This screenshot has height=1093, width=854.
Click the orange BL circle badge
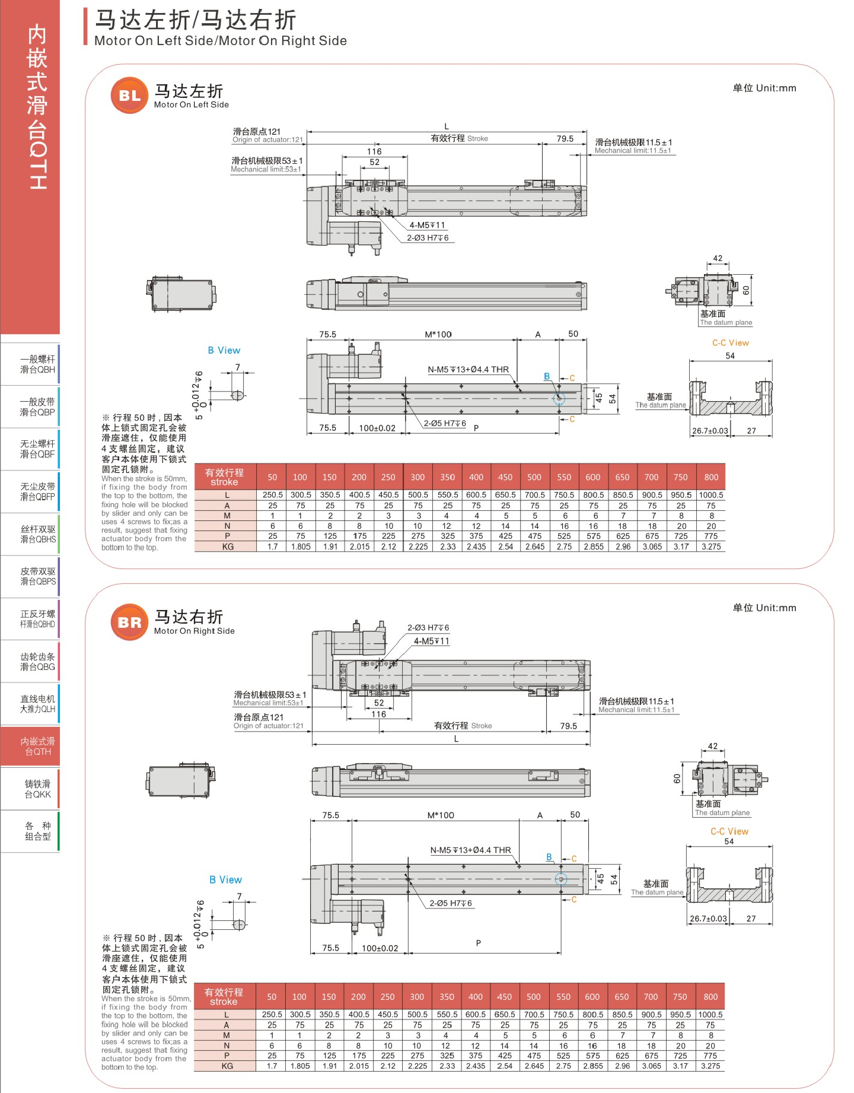[x=129, y=95]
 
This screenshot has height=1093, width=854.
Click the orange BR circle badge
[x=129, y=622]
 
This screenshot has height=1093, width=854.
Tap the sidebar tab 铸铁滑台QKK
[x=38, y=789]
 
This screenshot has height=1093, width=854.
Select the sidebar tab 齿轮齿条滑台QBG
[x=38, y=662]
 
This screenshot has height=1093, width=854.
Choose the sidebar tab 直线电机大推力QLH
[x=38, y=704]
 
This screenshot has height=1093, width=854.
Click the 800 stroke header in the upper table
[x=711, y=477]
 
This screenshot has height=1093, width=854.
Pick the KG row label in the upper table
[x=228, y=546]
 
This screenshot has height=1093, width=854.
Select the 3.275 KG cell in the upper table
[x=711, y=546]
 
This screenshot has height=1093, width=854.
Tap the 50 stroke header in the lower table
[x=272, y=997]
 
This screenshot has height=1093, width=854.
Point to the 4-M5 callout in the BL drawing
[x=427, y=225]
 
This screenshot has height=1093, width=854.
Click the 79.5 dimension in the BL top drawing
[x=565, y=139]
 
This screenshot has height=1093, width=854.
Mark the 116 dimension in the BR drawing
[x=379, y=714]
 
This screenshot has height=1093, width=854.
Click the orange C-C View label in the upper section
[x=731, y=343]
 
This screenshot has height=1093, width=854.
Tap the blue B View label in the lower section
[x=226, y=879]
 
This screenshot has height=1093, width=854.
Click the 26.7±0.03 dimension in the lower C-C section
[x=708, y=919]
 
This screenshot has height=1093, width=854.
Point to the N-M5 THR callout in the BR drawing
[x=470, y=850]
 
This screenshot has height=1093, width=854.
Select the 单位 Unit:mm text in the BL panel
[x=764, y=88]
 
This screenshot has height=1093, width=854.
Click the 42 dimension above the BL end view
[x=718, y=258]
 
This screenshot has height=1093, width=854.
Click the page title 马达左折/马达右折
[x=196, y=20]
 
